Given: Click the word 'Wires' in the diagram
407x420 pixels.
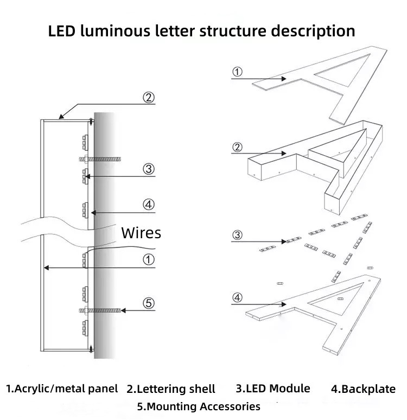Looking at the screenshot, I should (141, 233).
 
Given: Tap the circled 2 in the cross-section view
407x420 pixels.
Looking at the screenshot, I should (149, 98).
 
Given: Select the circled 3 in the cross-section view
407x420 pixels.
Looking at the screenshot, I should (149, 169).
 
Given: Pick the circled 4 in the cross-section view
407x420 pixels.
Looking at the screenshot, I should (149, 205).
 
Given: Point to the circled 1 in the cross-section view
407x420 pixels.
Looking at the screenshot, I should (149, 259).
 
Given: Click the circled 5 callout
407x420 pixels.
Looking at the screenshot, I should (149, 303).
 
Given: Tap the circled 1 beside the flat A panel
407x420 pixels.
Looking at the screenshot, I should (238, 72).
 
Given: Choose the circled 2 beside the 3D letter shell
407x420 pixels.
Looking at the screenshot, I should (238, 147).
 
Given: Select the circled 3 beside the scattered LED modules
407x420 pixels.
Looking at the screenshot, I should (238, 235).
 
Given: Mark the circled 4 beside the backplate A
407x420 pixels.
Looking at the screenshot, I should (238, 297).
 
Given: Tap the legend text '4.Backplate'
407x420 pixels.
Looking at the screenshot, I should (363, 389).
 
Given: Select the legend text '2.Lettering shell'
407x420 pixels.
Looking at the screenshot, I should (171, 389).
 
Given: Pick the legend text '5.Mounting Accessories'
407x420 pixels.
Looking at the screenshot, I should (199, 406).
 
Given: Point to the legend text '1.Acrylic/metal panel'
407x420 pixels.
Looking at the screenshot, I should (62, 389).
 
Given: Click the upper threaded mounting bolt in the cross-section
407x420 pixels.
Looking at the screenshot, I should (101, 159).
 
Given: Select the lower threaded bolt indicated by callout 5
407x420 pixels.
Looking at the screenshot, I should (101, 310).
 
